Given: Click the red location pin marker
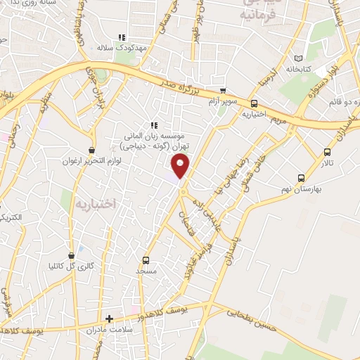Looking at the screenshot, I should tap(181, 166).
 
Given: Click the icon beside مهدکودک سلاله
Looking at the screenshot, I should tap(121, 37).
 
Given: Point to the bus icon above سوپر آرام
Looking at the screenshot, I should tap(223, 91).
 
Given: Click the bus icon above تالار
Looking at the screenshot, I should tap(327, 151).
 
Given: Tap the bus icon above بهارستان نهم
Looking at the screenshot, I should tap(301, 178).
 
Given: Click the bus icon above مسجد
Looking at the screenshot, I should tap(146, 259).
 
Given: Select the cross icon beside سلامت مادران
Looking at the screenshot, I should tap(108, 319).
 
